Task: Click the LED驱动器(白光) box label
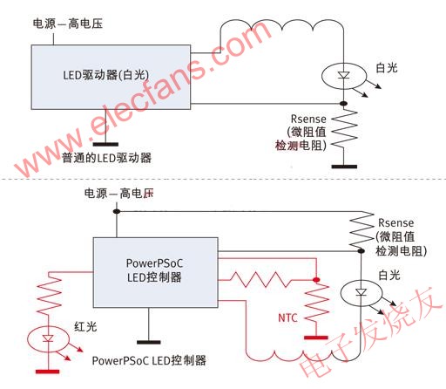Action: tap(106, 75)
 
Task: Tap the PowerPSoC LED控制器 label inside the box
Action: tap(154, 270)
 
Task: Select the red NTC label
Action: tap(287, 317)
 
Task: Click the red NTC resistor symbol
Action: tap(317, 303)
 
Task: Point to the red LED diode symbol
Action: tap(48, 338)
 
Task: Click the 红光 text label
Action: tap(85, 327)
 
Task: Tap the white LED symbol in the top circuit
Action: tap(344, 76)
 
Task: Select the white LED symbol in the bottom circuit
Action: tap(361, 292)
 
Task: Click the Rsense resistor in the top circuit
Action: tap(344, 129)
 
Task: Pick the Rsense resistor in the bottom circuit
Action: tap(362, 230)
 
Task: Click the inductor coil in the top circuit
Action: tap(282, 25)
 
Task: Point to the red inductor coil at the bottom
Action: tap(303, 356)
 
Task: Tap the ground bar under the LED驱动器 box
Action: tap(105, 144)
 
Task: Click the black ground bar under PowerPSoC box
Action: tap(149, 342)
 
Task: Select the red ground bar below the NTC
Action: tap(316, 338)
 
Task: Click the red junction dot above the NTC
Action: tap(316, 280)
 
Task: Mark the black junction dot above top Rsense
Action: tap(344, 104)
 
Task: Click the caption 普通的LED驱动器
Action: tap(106, 158)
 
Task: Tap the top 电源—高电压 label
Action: tap(68, 24)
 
